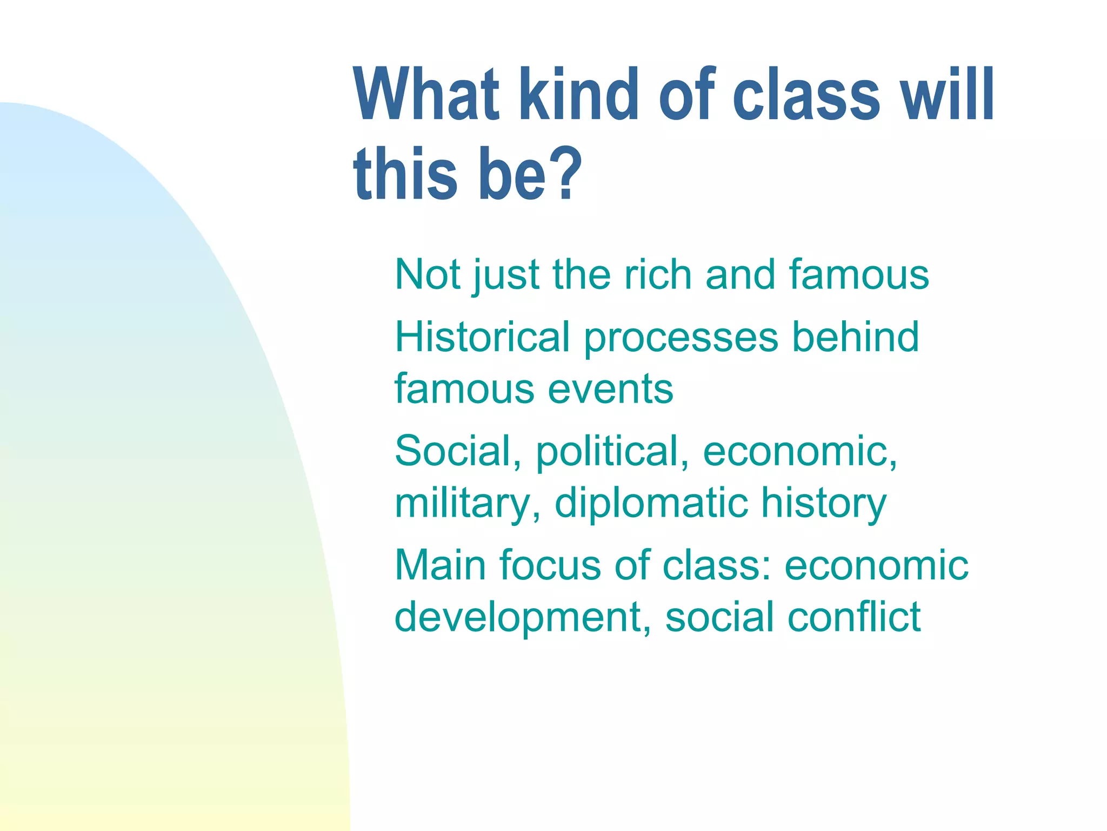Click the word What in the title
(x=426, y=95)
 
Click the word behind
(x=855, y=337)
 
